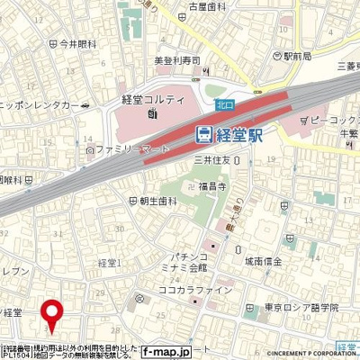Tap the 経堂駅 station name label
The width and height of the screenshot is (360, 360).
243,135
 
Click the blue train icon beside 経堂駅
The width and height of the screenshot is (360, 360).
204,135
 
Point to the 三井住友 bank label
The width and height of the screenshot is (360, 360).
216,160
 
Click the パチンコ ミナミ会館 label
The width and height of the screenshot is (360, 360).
184,261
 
